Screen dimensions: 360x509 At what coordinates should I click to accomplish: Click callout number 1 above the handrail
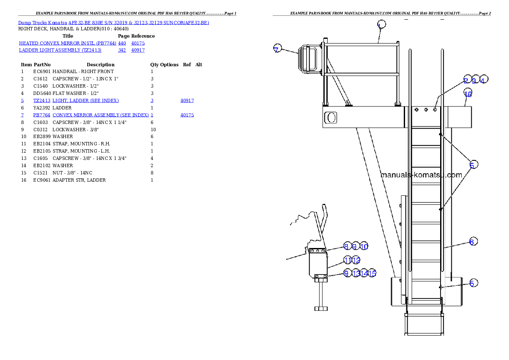coord(382,25)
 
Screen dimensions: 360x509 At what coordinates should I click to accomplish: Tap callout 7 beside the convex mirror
coord(278,49)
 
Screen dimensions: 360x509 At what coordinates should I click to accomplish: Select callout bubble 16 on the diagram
coord(468,94)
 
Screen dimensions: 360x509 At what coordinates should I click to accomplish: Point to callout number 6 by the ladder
coord(471,242)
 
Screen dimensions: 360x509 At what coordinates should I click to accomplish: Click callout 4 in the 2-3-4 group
coord(483,80)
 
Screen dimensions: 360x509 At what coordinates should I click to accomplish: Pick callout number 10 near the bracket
coord(364,247)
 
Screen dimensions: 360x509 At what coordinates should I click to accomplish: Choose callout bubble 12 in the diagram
coord(356,260)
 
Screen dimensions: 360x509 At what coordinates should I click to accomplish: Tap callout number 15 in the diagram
coord(372,274)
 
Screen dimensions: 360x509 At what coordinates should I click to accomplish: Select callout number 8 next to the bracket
coord(346,247)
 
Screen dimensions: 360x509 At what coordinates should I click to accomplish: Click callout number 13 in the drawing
coord(356,274)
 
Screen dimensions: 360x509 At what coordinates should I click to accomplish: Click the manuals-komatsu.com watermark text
coord(421,175)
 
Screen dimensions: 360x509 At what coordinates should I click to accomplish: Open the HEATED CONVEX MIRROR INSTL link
coord(68,43)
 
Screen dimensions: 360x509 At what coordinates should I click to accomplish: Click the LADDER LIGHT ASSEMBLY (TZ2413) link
coord(60,50)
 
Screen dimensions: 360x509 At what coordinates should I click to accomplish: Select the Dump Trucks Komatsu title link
coord(113,23)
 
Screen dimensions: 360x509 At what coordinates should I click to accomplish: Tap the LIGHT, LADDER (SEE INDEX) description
coord(86,101)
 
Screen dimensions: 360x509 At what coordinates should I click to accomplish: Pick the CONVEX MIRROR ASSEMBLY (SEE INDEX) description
coord(101,115)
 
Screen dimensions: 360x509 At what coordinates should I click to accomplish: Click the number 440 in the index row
coord(122,43)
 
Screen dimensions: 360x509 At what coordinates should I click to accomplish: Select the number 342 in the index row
coord(122,50)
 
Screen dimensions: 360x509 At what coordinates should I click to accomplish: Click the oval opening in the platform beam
coord(331,117)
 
